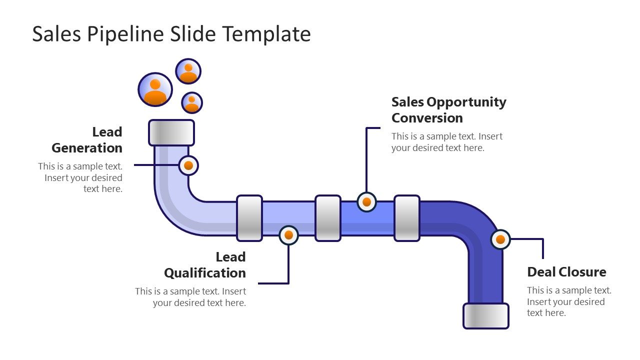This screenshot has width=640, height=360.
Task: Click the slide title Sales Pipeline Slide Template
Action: [x=171, y=34]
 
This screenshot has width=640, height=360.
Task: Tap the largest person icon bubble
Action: [x=155, y=90]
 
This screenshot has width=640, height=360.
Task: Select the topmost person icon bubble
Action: [x=188, y=71]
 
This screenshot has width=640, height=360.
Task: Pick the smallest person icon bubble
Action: [x=191, y=102]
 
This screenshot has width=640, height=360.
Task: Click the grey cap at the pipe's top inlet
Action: [x=171, y=132]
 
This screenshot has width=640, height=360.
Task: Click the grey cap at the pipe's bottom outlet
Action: [x=485, y=315]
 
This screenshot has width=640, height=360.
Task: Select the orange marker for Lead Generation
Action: [x=188, y=165]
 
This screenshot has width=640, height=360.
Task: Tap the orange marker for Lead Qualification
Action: [x=288, y=235]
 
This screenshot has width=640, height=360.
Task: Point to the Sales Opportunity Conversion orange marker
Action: [x=366, y=202]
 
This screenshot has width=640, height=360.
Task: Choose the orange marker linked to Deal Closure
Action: [x=500, y=239]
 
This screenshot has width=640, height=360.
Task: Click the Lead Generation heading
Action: [x=87, y=140]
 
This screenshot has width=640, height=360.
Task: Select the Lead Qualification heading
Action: [x=205, y=265]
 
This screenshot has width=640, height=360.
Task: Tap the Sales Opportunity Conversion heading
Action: [x=448, y=110]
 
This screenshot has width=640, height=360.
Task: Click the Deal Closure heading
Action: [x=566, y=272]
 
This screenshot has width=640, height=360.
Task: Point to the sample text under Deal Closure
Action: [x=568, y=301]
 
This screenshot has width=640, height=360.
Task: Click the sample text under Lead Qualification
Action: [x=190, y=297]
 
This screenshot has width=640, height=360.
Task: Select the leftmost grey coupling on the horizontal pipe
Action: [x=249, y=218]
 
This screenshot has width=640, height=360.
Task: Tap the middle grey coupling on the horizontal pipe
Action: [x=328, y=218]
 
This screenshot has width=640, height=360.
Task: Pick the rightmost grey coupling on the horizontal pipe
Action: [x=406, y=218]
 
